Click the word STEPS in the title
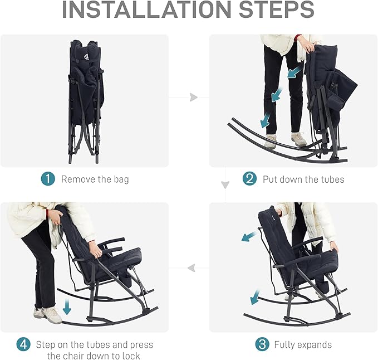(x=277, y=9)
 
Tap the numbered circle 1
(x=48, y=179)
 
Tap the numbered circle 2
(x=250, y=179)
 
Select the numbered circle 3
(x=262, y=344)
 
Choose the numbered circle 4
(x=23, y=344)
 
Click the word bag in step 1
(x=121, y=180)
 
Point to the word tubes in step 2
(x=332, y=179)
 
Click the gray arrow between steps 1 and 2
(x=194, y=97)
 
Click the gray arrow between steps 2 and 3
(x=225, y=185)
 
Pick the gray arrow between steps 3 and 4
(x=192, y=268)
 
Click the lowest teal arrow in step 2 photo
(x=266, y=121)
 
